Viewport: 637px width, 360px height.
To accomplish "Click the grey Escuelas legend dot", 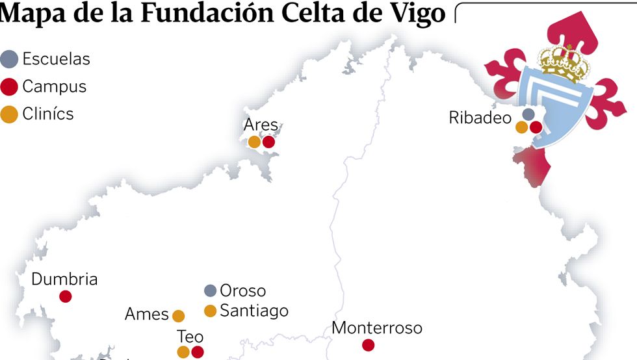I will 10,59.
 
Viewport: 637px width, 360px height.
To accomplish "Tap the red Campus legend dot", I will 10,86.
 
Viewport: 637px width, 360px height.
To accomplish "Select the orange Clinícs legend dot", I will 10,114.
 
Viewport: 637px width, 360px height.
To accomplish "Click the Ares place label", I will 261,125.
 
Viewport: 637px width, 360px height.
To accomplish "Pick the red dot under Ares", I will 268,142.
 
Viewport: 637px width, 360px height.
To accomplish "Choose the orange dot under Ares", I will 254,142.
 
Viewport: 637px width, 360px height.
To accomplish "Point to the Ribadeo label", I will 480,118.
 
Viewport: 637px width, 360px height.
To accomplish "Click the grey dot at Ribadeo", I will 528,114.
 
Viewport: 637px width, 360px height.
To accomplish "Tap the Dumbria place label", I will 64,279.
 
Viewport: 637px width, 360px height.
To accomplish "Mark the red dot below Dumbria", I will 65,296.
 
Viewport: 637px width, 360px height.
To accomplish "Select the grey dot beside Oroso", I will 210,290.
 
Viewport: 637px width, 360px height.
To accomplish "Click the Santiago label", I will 254,311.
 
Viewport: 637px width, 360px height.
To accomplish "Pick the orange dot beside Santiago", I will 210,311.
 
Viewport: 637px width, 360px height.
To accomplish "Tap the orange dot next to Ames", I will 178,316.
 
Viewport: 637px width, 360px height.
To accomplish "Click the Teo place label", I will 190,337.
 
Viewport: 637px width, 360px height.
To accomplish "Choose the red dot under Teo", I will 198,352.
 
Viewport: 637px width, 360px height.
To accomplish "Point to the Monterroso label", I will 377,328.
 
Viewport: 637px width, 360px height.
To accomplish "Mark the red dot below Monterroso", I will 368,345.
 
